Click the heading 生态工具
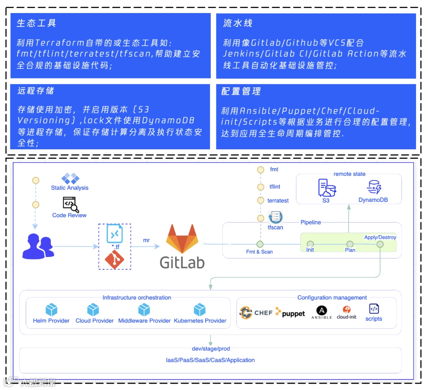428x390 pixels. (36, 23)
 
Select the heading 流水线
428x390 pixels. (238, 23)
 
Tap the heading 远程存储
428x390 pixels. (36, 91)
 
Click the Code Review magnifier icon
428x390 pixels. (71, 204)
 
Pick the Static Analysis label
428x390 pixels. (70, 188)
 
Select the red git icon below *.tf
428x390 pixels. (114, 260)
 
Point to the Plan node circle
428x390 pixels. (350, 244)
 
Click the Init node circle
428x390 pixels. (310, 244)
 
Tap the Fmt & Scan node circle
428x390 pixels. (260, 244)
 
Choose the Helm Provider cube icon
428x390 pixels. (52, 309)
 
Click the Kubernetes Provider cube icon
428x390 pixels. (200, 309)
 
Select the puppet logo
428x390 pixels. (291, 313)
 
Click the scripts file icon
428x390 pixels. (374, 309)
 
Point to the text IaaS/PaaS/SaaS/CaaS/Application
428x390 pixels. (210, 360)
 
